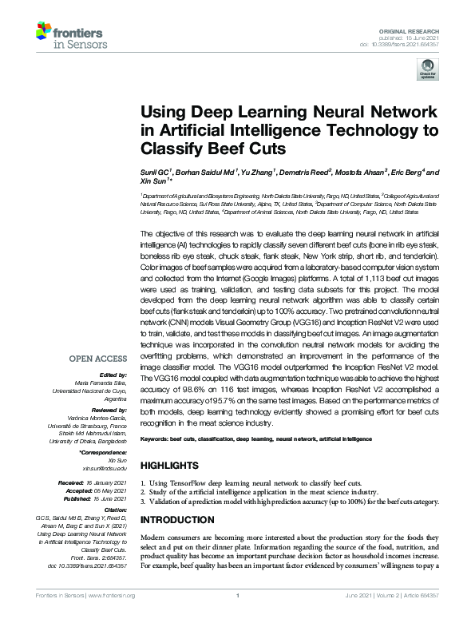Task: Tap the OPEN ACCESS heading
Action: [97, 359]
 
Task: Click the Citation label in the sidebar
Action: [115, 507]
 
